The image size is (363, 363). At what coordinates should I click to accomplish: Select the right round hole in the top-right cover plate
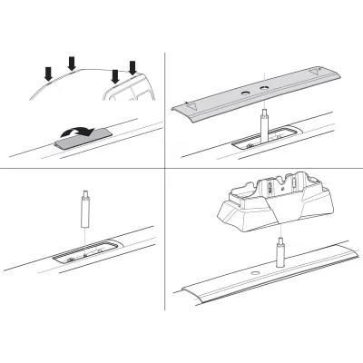pyautogui.click(x=264, y=88)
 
